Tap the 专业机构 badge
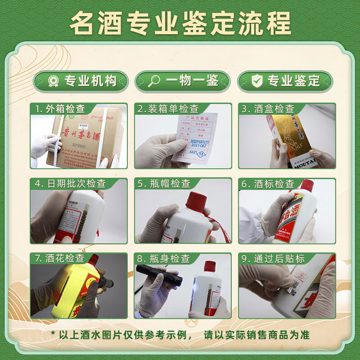[x=81, y=81]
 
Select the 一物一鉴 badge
[x=183, y=81]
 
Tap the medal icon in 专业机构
[x=53, y=81]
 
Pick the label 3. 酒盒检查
[x=268, y=109]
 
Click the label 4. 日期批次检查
[x=70, y=184]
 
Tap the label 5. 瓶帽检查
[x=164, y=184]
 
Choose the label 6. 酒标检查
[x=268, y=184]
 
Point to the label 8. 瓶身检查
[x=164, y=258]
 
